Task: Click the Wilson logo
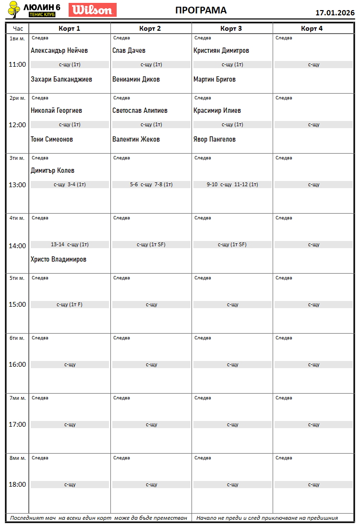coord(93,10)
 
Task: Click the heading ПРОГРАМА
coord(201,11)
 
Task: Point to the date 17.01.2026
coord(335,13)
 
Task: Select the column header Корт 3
coord(231,28)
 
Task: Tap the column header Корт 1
coord(69,28)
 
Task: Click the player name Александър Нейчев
coord(59,50)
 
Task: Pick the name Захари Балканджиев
coord(61,79)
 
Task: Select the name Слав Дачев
coord(129,50)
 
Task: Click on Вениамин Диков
coord(136,79)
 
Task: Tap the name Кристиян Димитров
coord(221,50)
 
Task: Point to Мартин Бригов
coord(215,79)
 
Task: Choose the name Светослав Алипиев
coord(140,110)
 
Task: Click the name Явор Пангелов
coord(215,139)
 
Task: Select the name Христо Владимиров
coord(59,259)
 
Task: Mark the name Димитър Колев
coord(52,170)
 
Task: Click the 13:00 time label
coord(17,185)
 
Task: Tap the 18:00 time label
coord(17,484)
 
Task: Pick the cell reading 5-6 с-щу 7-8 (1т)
coord(151,184)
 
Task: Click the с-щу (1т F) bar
coord(70,304)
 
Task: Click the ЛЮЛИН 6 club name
coord(42,7)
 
